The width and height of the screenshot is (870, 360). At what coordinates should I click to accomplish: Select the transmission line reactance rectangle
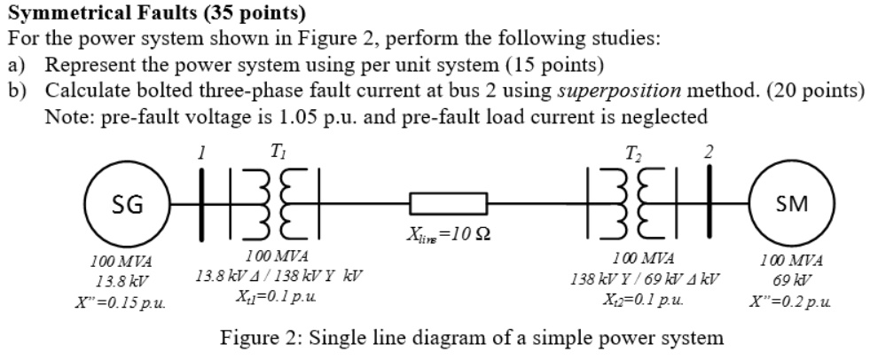point(448,205)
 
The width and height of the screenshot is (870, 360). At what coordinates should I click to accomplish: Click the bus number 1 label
point(202,153)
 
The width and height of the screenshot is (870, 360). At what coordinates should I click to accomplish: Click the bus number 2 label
point(707,153)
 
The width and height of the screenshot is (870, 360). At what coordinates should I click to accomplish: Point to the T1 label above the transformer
point(278,153)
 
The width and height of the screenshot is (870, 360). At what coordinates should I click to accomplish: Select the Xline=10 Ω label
point(449,236)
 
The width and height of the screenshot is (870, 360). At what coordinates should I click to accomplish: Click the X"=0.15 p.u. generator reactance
point(121,301)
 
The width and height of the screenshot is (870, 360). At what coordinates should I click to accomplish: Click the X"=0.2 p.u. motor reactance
point(792,301)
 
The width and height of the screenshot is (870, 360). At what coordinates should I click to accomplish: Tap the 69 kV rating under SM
point(791,281)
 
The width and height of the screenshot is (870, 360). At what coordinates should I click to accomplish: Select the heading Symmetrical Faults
point(103,13)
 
